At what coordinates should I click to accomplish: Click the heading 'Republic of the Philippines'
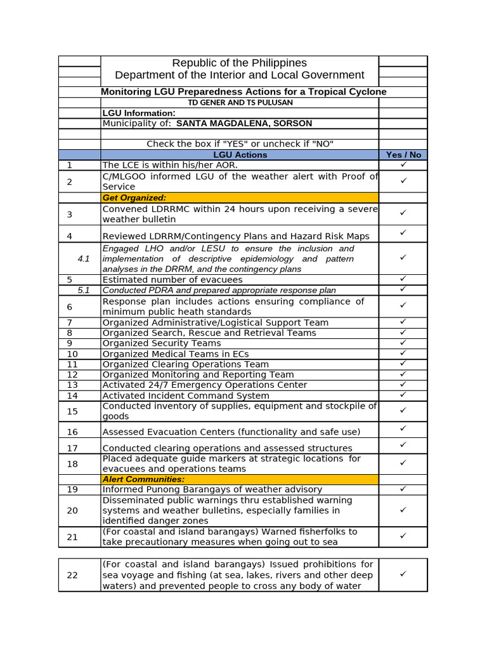[x=239, y=63]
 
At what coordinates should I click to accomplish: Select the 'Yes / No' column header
[x=403, y=155]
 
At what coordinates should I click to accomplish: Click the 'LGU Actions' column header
[x=240, y=155]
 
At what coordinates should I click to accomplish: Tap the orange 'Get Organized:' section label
[x=134, y=198]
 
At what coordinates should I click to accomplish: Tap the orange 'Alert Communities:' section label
[x=143, y=479]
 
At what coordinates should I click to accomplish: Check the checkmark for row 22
[x=403, y=574]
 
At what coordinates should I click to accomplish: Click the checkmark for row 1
[x=403, y=164]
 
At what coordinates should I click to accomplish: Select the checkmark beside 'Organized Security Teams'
[x=403, y=343]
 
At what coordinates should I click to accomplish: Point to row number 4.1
[x=84, y=259]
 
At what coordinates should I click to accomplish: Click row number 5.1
[x=84, y=290]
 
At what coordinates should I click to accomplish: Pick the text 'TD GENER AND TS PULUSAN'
[x=240, y=102]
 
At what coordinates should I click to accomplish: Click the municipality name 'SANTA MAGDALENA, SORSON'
[x=244, y=123]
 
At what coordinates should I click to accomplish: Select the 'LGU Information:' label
[x=139, y=113]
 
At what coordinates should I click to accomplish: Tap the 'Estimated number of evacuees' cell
[x=172, y=280]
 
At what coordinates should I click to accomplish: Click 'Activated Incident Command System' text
[x=186, y=395]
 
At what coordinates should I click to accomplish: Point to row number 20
[x=72, y=510]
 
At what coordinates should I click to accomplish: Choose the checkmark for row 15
[x=403, y=411]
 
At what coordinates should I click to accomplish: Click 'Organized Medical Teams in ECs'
[x=176, y=354]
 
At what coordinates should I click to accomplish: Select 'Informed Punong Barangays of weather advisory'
[x=212, y=489]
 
